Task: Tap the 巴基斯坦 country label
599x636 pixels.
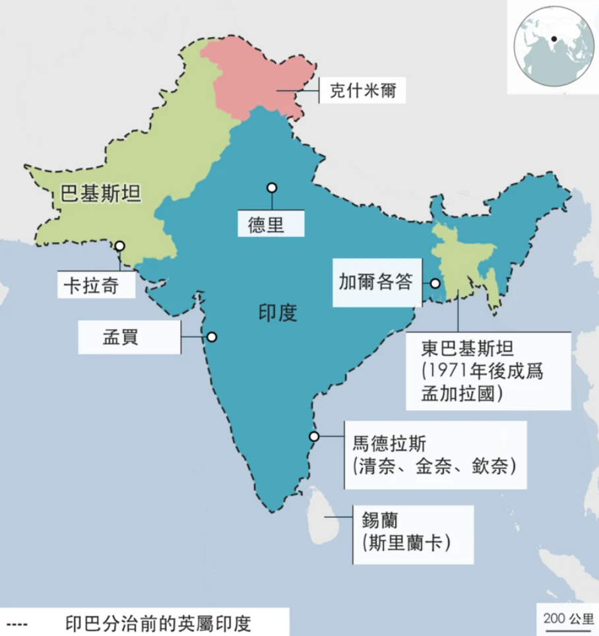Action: coord(101,193)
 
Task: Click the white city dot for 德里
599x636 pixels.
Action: coord(271,188)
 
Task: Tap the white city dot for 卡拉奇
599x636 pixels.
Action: coord(120,246)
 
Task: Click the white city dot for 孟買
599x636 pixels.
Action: coord(211,337)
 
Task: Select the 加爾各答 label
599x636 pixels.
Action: coord(375,282)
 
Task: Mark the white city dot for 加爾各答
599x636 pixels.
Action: coord(435,283)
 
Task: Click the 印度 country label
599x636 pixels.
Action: coord(278,312)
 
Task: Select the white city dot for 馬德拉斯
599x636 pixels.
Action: coord(314,436)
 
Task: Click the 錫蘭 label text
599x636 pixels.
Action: coord(379,521)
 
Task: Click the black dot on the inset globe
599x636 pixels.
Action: coord(554,39)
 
